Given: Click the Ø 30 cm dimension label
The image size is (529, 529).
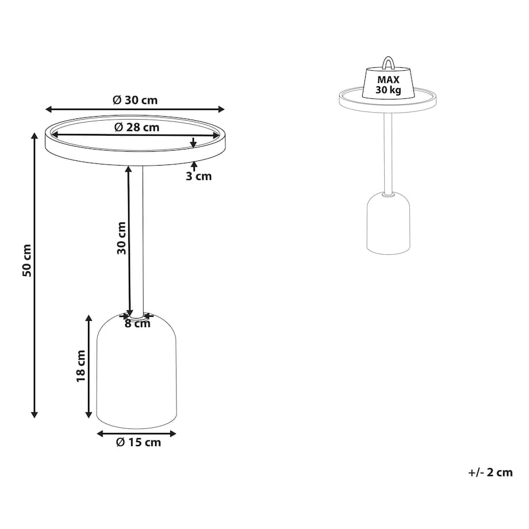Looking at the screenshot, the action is tap(135, 100).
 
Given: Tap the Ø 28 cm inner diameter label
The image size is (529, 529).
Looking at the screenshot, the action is tap(137, 127).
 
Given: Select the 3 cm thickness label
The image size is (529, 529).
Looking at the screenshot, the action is tap(199, 176).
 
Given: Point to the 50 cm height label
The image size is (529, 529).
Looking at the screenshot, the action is tap(27, 261).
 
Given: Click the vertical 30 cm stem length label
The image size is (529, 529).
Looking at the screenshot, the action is tap(121, 238).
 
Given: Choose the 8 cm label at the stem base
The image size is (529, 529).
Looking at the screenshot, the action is tap(137, 324).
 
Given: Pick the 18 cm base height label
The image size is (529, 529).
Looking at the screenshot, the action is tap(81, 366).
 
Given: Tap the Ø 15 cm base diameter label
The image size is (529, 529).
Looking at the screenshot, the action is tap(139, 442).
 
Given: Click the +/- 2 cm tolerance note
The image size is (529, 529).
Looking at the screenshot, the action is tap(490, 472).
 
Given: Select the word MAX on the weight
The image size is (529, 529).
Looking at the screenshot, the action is tap(388, 80).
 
